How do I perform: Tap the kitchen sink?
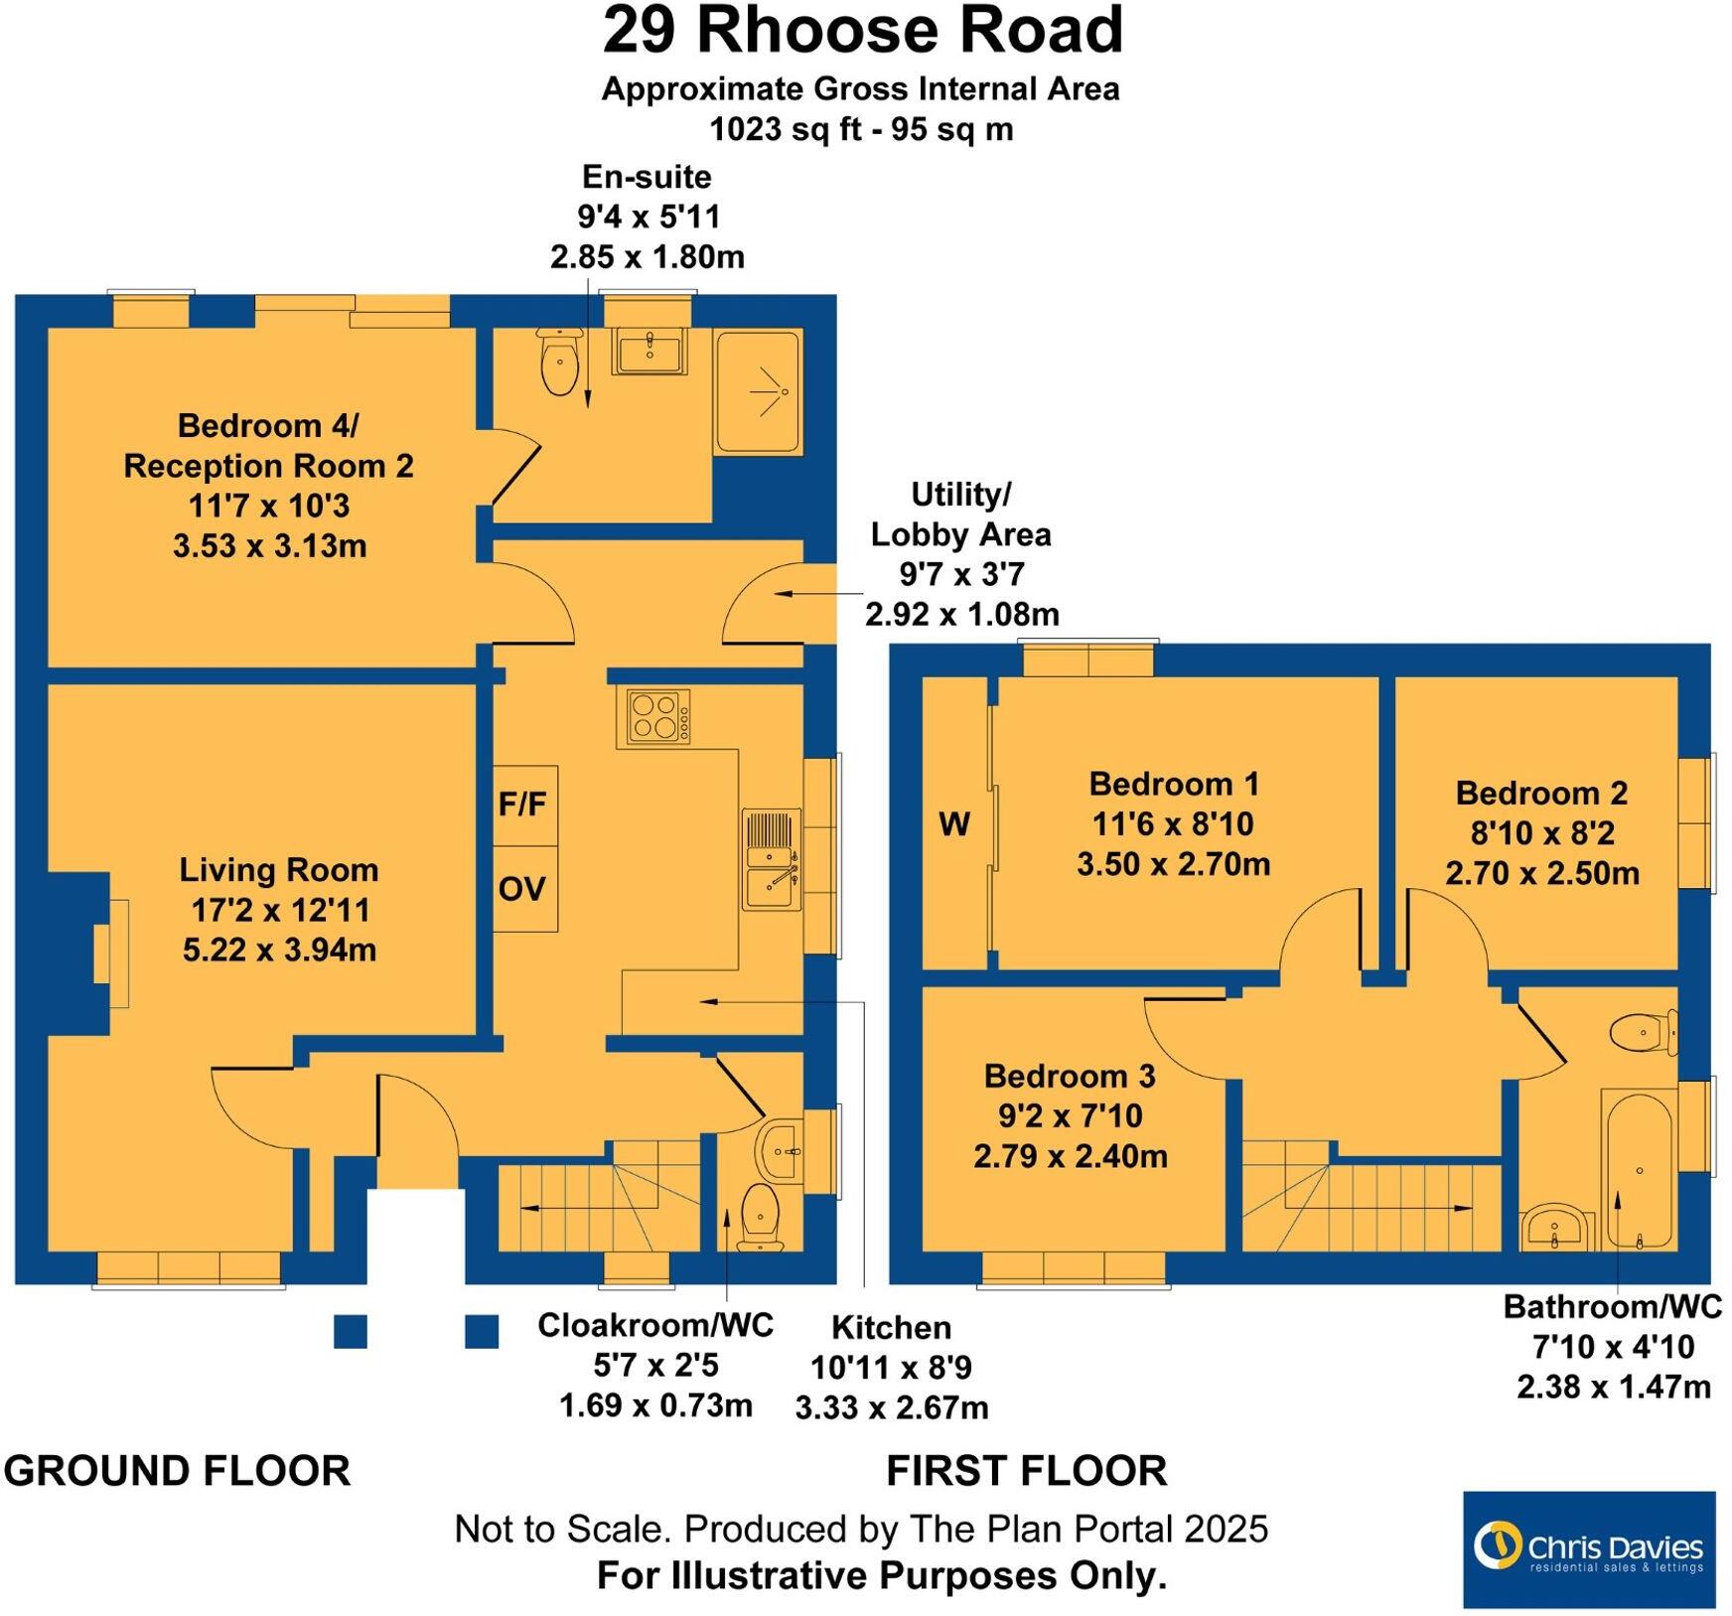point(772,860)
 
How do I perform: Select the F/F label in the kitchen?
point(523,804)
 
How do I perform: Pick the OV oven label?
point(523,889)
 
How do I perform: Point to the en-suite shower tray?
point(757,392)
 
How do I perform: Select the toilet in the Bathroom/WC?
point(1642,1033)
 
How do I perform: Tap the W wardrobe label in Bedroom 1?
point(953,824)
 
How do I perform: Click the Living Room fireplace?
point(111,954)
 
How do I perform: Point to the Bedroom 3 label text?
point(1070,1076)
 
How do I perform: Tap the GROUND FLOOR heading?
point(178,1470)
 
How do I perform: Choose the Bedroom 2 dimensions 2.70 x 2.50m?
point(1541,873)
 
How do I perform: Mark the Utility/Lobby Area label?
point(959,514)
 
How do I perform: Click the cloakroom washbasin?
point(781,1150)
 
